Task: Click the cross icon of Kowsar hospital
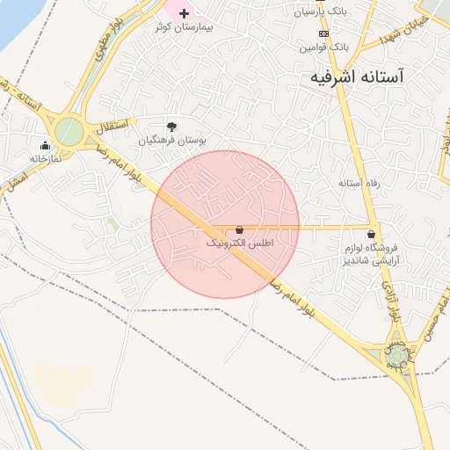click(184, 12)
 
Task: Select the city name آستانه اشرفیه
click(368, 77)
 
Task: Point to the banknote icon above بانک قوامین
click(323, 33)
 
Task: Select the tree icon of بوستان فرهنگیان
click(171, 126)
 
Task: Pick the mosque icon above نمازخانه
click(45, 145)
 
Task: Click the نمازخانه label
click(48, 159)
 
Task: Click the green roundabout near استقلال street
click(69, 133)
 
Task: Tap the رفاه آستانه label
click(359, 183)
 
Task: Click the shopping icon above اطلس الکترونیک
click(239, 229)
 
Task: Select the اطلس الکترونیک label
click(240, 242)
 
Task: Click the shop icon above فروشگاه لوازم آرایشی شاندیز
click(373, 235)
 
